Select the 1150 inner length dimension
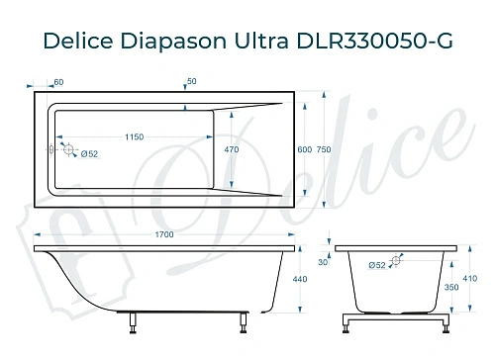(136, 135)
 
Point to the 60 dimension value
(58, 81)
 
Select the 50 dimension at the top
(191, 80)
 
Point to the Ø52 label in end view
(376, 265)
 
